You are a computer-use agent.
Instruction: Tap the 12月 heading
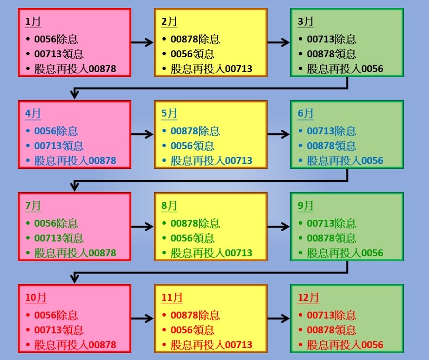(x=309, y=298)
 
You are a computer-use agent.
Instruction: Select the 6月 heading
(x=306, y=114)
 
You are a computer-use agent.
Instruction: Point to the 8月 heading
(x=169, y=206)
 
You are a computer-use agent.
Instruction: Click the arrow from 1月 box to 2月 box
(x=143, y=42)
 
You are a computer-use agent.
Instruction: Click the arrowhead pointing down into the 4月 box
(x=75, y=94)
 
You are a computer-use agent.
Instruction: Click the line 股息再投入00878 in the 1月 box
(x=75, y=69)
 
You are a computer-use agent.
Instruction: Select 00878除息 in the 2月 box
(x=195, y=40)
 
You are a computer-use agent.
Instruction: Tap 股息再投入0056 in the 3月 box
(x=345, y=69)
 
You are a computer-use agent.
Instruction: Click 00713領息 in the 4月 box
(x=59, y=146)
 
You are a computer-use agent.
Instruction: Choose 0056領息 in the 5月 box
(x=193, y=146)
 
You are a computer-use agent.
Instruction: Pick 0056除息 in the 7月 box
(x=56, y=224)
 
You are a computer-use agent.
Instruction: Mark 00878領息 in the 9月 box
(x=331, y=239)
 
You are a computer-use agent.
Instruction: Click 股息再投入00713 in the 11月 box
(x=211, y=345)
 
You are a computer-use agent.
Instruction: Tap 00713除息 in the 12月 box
(x=331, y=316)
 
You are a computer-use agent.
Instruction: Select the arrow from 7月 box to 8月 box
(x=143, y=227)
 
